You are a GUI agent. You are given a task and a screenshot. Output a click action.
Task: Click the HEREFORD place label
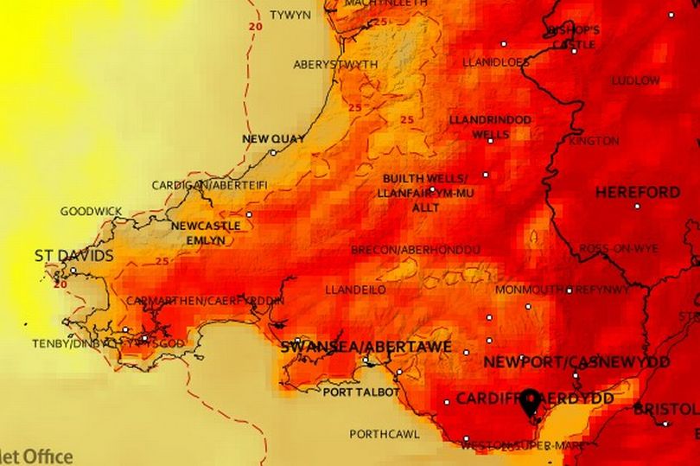point(638,192)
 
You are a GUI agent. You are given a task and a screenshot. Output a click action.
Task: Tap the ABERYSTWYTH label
point(335,65)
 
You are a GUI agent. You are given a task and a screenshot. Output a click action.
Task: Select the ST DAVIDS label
point(73,256)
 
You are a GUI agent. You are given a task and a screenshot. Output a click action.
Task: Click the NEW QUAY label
point(273,138)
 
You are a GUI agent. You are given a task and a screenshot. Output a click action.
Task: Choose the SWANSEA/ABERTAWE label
point(366,347)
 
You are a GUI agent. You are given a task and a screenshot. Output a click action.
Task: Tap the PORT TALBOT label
point(360,392)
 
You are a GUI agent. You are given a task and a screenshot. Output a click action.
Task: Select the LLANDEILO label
point(355,290)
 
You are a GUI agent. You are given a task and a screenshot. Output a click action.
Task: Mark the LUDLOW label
point(635,80)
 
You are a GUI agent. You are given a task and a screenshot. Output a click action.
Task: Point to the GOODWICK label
point(91,211)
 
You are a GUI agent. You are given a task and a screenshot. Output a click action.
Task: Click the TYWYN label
point(290,16)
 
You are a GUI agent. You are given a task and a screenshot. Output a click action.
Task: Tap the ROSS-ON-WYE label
point(619,248)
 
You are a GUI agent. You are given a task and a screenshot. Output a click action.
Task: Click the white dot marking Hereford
point(638,206)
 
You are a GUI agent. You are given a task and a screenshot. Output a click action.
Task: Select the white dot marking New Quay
point(273,152)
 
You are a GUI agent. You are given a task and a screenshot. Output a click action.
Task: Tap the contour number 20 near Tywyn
point(253,27)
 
